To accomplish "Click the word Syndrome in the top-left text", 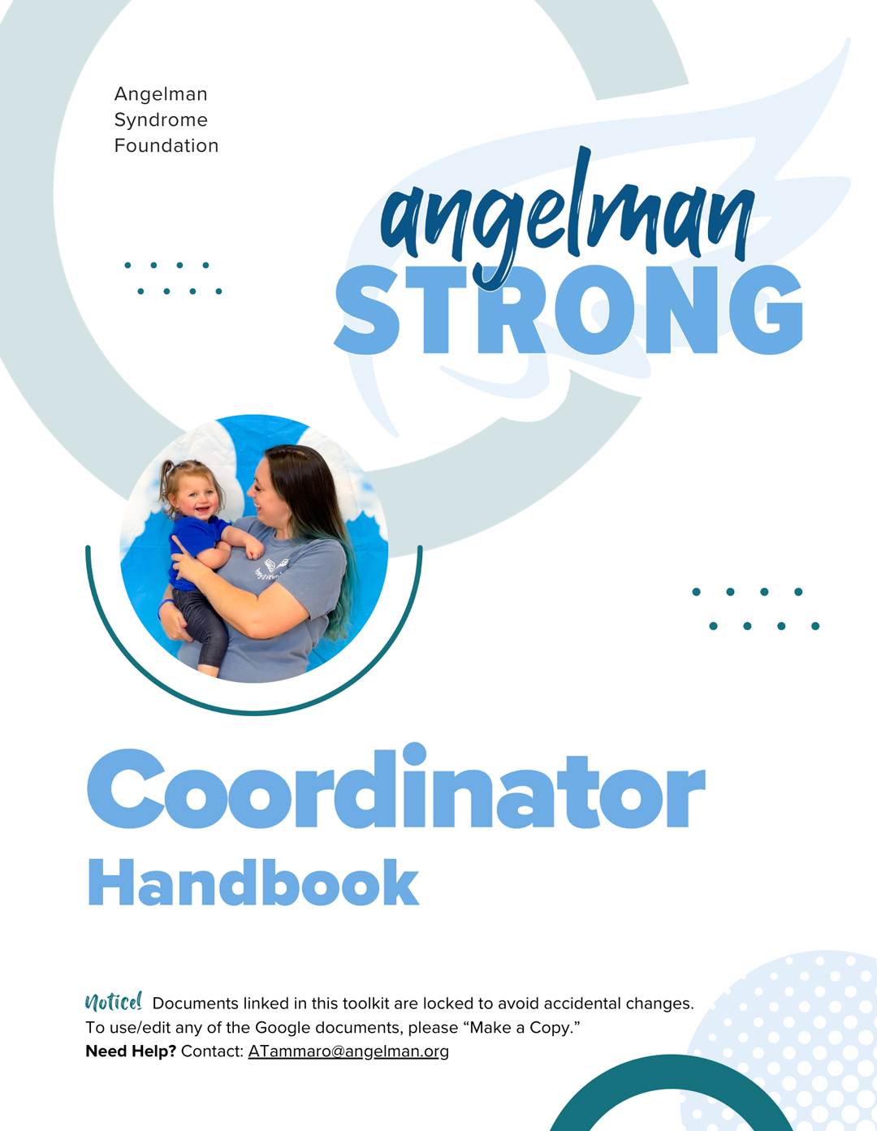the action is point(161,120).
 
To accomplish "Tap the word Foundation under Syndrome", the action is point(166,145).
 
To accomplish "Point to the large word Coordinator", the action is point(395,787).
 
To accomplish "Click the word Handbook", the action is point(253,883).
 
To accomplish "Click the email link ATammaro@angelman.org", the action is point(348,1051).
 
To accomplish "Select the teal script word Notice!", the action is point(114,1001).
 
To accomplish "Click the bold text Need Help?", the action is point(132,1051).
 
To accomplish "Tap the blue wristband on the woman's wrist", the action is point(165,606).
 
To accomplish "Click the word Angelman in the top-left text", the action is point(161,94).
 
